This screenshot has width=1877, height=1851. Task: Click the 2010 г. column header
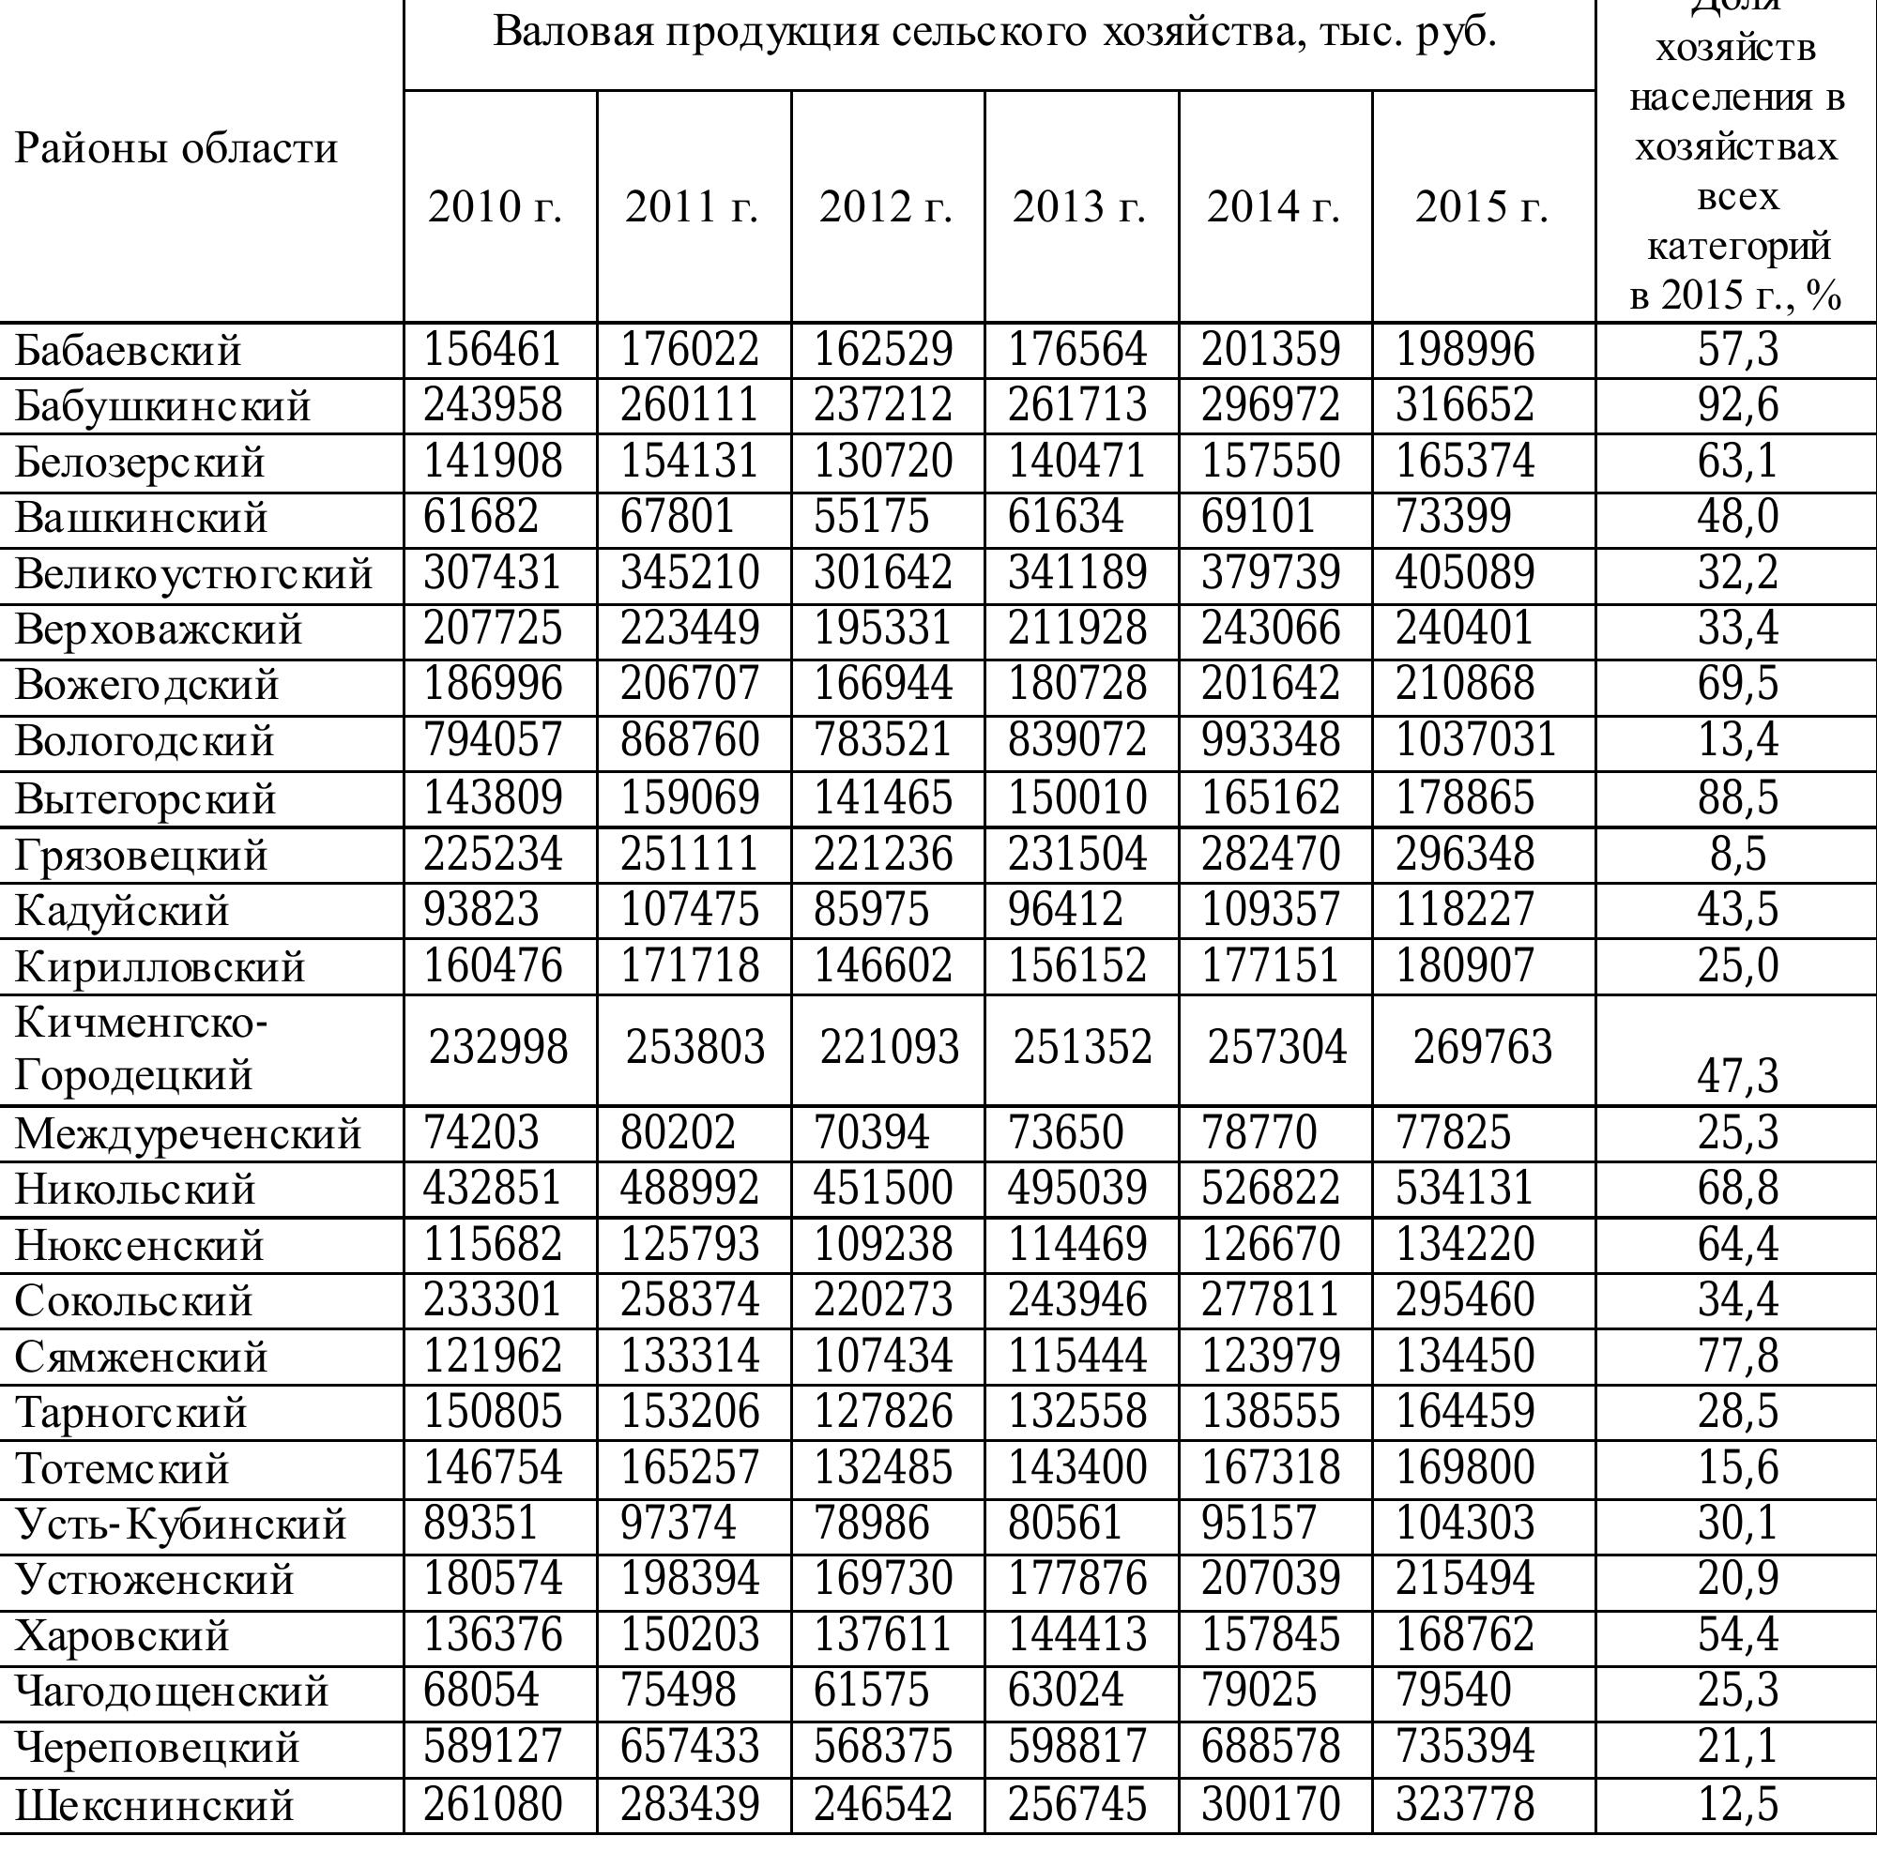click(x=495, y=206)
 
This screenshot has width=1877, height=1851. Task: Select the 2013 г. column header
click(x=1078, y=206)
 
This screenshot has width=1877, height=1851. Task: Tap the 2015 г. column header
click(x=1481, y=206)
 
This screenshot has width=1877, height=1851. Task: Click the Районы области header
click(x=175, y=148)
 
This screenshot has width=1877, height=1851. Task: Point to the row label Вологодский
click(x=145, y=742)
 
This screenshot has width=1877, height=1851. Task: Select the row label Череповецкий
click(x=157, y=1748)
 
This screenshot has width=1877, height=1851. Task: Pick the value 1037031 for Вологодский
click(x=1475, y=740)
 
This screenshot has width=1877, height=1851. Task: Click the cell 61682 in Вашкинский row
click(x=480, y=516)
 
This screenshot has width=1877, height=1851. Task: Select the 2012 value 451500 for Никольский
click(x=883, y=1189)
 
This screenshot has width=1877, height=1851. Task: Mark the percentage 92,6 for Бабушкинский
click(x=1737, y=405)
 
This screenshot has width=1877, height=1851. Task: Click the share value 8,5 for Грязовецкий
click(x=1737, y=855)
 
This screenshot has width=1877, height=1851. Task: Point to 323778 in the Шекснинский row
click(x=1464, y=1804)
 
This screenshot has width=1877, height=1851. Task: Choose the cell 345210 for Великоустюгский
click(x=690, y=572)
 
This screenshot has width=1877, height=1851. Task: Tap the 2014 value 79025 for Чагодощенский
click(x=1259, y=1691)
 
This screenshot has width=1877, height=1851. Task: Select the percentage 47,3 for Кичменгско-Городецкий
click(x=1737, y=1075)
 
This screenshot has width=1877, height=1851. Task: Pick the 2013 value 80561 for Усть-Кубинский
click(x=1065, y=1523)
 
